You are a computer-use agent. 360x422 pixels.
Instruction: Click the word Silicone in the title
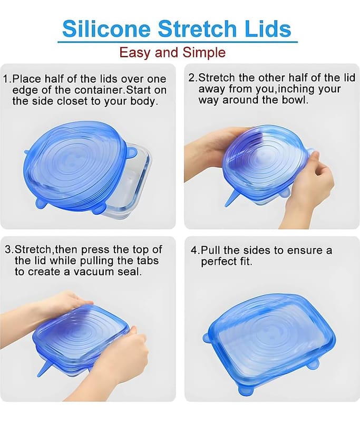(106, 28)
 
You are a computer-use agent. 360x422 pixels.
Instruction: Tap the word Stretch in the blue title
(197, 28)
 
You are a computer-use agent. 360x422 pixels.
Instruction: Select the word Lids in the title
(268, 28)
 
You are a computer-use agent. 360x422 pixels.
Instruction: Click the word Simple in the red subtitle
(204, 52)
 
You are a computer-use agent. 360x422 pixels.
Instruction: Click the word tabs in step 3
(148, 261)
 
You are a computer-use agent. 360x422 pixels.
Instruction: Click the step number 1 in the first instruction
(6, 79)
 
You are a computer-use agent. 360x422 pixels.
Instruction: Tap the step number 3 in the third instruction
(8, 250)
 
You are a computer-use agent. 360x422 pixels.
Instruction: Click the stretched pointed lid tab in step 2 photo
(232, 199)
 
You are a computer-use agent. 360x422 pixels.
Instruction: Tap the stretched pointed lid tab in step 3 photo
(44, 368)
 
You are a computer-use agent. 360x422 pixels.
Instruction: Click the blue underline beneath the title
(178, 42)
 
